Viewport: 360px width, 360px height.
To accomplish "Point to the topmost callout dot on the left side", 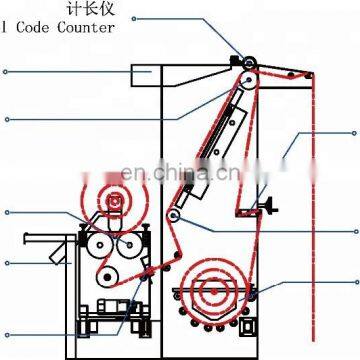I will [6, 71].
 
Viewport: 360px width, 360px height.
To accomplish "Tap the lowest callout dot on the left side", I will [6, 335].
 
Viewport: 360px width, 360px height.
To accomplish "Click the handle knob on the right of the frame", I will [269, 207].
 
